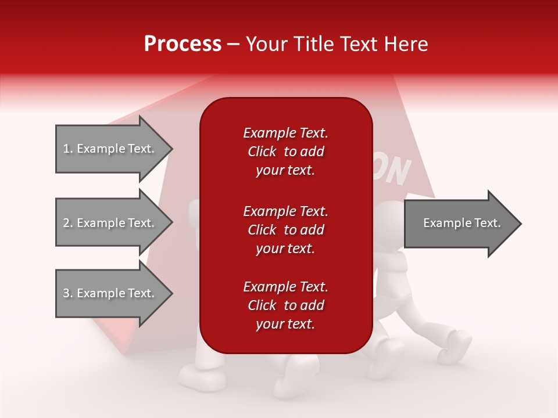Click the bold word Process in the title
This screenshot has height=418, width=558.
tap(183, 44)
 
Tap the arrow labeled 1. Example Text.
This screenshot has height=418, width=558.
tap(110, 149)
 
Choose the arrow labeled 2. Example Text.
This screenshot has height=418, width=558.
tap(110, 223)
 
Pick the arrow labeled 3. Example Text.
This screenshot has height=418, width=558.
tap(110, 293)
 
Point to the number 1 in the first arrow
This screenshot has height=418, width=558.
tap(66, 149)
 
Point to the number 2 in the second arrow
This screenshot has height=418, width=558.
tap(66, 223)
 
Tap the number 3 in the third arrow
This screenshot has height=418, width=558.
tap(66, 293)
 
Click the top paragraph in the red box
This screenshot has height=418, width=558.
tap(285, 152)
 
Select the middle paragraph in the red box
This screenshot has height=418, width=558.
tap(285, 229)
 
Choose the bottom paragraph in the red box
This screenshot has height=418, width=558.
tap(285, 305)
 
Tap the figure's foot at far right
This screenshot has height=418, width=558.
tap(456, 346)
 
